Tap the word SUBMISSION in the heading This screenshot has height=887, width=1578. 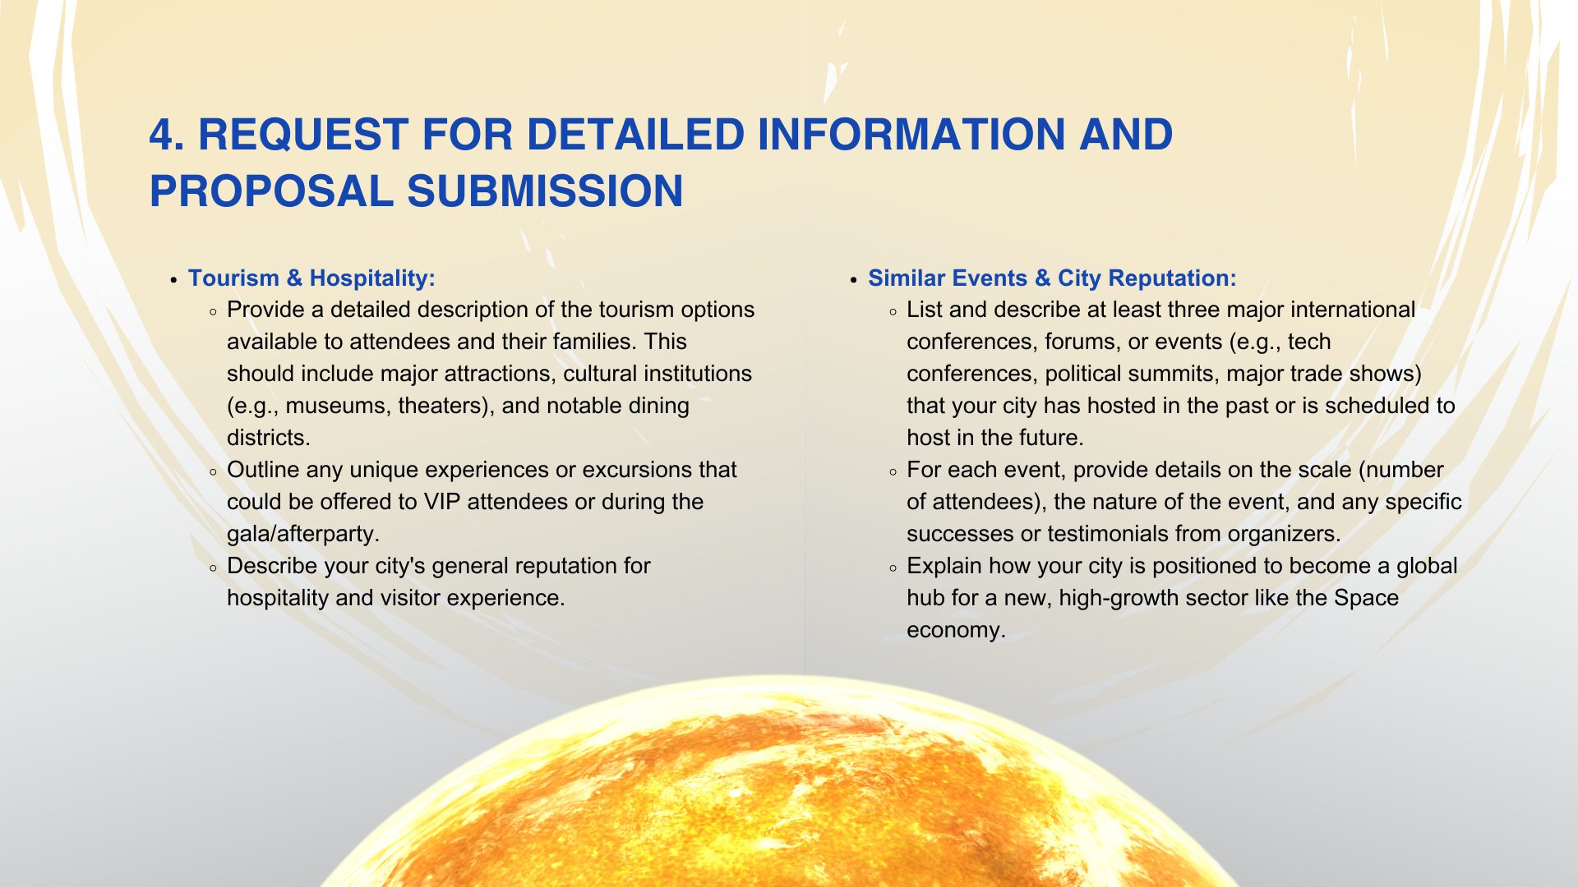[x=545, y=191]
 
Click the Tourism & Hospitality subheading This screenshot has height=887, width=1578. [x=311, y=278]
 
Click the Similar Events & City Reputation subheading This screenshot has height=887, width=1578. [x=1052, y=278]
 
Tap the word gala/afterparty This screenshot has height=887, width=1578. [x=303, y=534]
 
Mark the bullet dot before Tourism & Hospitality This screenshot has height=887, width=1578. [x=173, y=280]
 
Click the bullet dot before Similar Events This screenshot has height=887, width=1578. [x=854, y=280]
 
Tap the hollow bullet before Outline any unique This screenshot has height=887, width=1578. [x=214, y=472]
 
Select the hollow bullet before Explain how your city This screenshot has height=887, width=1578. [x=893, y=568]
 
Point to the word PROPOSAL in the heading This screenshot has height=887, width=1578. [x=271, y=191]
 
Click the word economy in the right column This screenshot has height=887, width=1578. [x=956, y=631]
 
